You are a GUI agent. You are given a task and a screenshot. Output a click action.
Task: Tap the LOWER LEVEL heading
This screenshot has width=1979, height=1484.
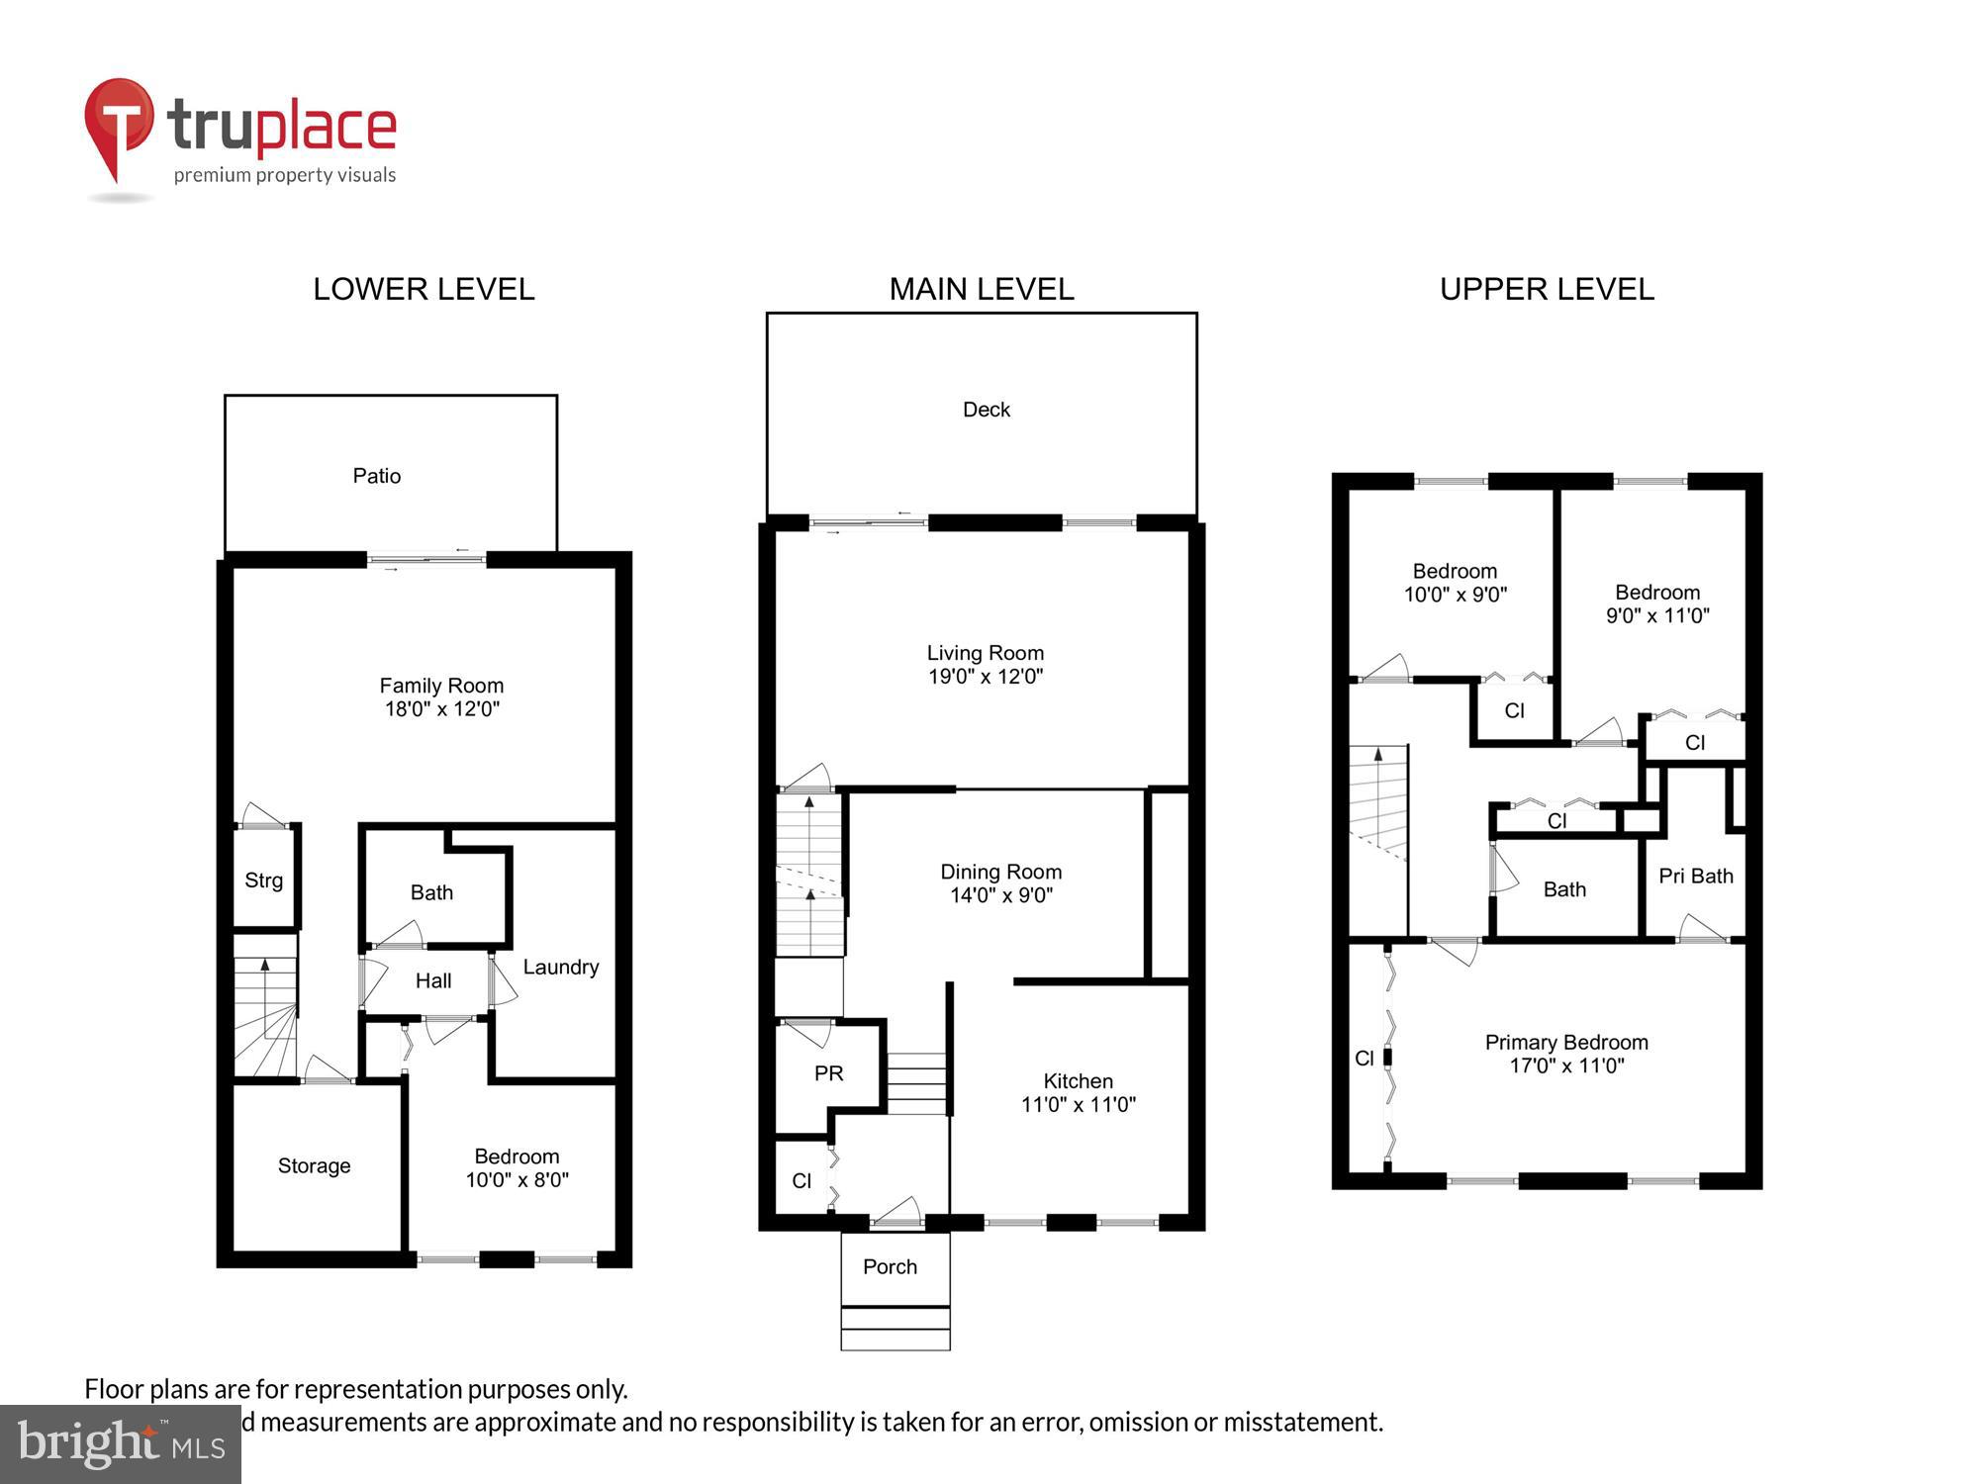point(424,289)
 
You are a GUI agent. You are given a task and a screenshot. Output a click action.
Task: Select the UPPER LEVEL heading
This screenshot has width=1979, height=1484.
point(1547,289)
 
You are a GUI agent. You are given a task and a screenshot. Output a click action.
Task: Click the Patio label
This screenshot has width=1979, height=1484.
point(377,476)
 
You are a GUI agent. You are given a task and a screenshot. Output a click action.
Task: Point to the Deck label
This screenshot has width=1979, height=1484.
point(987,410)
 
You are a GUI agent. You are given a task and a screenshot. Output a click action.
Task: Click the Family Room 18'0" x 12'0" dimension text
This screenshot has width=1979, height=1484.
point(442,708)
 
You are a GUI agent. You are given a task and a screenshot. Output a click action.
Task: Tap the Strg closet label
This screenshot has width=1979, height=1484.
point(263,881)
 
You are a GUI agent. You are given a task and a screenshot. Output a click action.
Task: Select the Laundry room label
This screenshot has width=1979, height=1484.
point(561,967)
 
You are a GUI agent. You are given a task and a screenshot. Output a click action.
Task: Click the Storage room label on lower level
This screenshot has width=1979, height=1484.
point(314,1165)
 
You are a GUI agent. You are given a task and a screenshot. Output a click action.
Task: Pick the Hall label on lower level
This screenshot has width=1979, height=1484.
point(433,980)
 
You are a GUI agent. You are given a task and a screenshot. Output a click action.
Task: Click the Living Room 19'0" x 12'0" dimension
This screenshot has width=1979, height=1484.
point(986,677)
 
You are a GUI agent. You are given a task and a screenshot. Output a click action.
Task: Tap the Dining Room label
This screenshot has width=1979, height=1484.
point(1000,872)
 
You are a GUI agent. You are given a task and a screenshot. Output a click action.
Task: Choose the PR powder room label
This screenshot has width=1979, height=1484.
point(829,1073)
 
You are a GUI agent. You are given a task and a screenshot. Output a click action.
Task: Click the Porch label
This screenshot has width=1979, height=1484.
point(890,1266)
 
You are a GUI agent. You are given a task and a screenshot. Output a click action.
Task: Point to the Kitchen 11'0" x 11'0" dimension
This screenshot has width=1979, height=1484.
point(1079,1104)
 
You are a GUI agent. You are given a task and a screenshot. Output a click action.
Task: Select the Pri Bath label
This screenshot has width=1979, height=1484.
point(1696,876)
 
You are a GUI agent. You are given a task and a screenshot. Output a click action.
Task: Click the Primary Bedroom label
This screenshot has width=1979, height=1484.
point(1566,1042)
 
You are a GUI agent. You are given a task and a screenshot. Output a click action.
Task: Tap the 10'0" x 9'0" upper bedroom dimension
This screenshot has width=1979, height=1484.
point(1456,595)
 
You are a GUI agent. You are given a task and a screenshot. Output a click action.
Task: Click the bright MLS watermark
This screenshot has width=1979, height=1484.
point(121,1444)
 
